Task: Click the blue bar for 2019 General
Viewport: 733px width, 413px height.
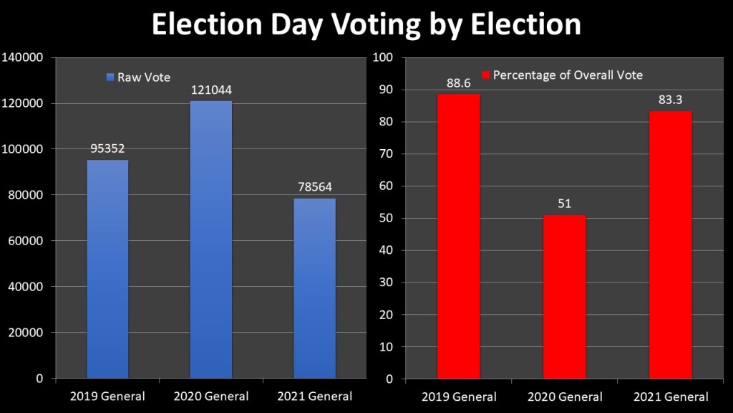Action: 107,269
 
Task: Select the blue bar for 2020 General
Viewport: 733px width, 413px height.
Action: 211,239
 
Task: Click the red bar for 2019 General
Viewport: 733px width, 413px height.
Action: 459,236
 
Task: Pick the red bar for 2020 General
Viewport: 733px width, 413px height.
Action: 565,297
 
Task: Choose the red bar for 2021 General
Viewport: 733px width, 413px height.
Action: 671,245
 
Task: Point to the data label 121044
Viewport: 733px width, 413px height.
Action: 211,91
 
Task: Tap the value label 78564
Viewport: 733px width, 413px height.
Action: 315,187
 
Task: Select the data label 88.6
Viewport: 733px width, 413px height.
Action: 459,83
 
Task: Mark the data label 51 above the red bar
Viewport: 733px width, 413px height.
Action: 565,204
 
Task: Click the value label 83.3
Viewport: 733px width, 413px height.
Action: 671,100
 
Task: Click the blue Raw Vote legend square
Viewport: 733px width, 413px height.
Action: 110,77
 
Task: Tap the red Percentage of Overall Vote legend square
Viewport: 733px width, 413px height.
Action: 485,75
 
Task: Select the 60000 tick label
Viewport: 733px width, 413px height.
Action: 26,241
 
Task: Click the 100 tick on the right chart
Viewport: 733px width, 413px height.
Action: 387,57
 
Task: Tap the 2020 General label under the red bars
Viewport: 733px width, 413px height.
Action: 565,397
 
